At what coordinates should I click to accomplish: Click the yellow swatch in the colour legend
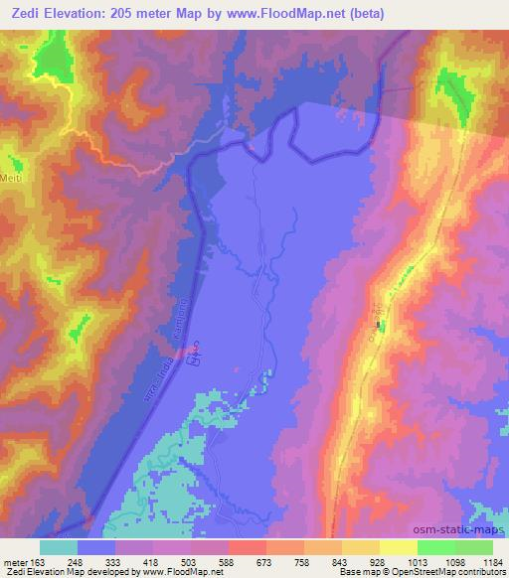tap(399, 547)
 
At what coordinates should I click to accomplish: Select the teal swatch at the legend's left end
tap(58, 547)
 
